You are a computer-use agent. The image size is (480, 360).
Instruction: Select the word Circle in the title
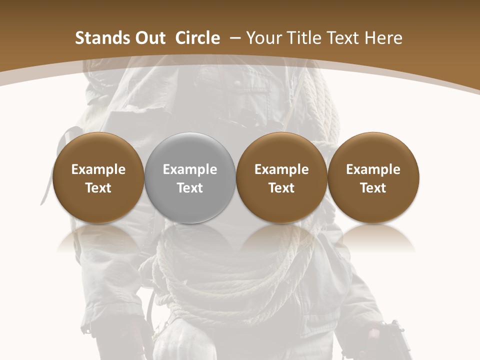[197, 38]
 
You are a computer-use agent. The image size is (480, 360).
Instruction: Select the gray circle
[190, 177]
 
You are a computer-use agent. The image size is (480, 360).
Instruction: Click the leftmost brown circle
[98, 177]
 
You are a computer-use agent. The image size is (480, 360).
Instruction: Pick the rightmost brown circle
[373, 177]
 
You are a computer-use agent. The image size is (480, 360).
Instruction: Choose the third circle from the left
[281, 177]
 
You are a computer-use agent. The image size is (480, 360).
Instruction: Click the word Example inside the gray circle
[190, 169]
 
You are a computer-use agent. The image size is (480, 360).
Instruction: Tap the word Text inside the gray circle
[190, 188]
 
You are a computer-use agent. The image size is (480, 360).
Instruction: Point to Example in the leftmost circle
[98, 169]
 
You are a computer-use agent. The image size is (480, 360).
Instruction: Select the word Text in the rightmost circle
[373, 188]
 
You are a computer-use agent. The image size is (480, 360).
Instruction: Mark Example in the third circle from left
[281, 169]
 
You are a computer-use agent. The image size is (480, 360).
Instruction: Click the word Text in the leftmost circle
[98, 188]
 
